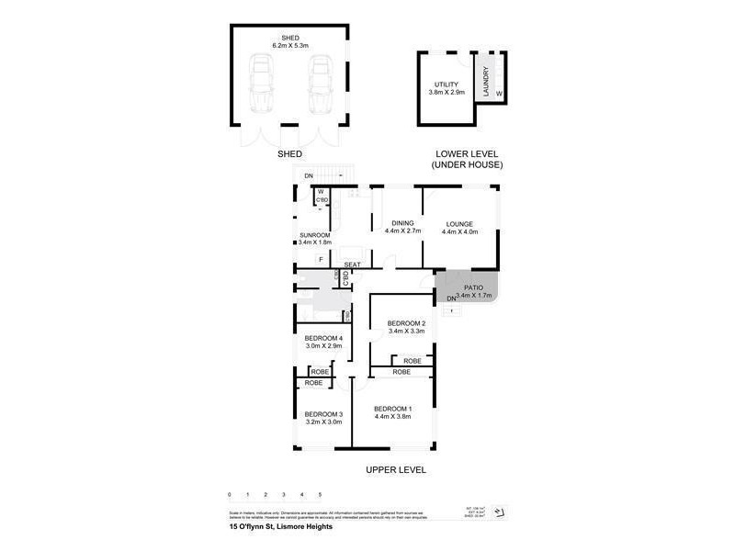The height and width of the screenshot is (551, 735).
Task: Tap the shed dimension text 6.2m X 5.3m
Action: pos(289,44)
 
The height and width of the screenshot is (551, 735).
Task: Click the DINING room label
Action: pos(403,223)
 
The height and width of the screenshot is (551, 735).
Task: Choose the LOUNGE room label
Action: pos(459,223)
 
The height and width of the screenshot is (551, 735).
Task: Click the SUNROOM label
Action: pos(315,235)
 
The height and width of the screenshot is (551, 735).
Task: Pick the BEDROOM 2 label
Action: pos(405,323)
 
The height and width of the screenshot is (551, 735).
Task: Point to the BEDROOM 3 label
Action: pos(323,413)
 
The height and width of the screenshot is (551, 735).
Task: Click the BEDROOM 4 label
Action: pos(323,339)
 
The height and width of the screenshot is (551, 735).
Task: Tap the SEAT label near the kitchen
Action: pos(352,265)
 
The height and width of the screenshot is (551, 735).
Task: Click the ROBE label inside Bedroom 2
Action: pos(413,361)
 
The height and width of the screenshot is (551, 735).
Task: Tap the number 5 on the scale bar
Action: pos(320,495)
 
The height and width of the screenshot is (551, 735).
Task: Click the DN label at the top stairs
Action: pos(309,174)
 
